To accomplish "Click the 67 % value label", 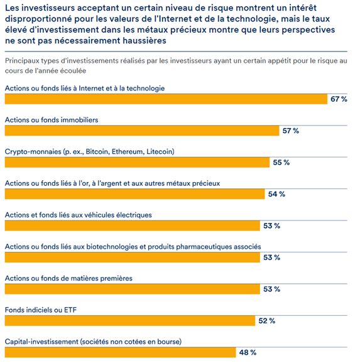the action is [x=339, y=99].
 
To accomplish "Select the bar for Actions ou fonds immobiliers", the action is [x=142, y=131].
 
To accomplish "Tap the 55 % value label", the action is [x=281, y=162].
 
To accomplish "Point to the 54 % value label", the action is [x=276, y=194].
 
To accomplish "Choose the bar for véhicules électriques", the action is [x=133, y=225].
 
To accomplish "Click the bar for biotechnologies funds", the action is [x=133, y=257].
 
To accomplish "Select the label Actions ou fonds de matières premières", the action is [x=68, y=278].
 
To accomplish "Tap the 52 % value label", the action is [x=267, y=321].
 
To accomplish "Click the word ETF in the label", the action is [x=70, y=310].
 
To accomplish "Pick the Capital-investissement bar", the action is [x=120, y=352].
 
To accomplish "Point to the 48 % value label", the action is [x=248, y=352].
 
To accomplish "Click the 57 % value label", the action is [x=291, y=131].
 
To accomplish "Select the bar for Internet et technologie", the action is [x=166, y=99].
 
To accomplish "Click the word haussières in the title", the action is [x=145, y=41].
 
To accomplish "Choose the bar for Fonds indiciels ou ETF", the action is [x=130, y=321].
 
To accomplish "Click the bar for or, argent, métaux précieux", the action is [x=135, y=194].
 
